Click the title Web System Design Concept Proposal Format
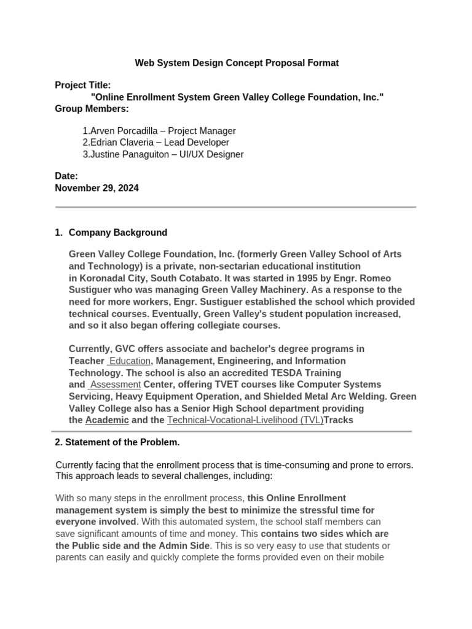(237, 63)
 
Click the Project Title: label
(83, 85)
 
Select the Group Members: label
(92, 109)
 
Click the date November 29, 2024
(96, 188)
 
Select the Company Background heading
(117, 232)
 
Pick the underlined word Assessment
(115, 385)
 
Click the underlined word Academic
(107, 420)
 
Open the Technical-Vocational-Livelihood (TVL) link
(245, 420)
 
